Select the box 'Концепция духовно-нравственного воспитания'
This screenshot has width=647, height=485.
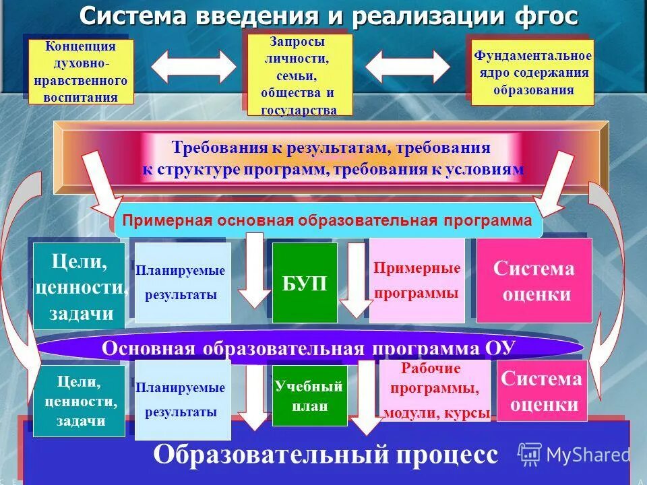(81, 71)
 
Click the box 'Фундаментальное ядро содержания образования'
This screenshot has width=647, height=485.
(532, 72)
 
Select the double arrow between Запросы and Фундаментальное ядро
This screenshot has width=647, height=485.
(407, 67)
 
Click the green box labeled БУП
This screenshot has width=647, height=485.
(304, 283)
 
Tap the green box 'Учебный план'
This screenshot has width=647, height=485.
(309, 395)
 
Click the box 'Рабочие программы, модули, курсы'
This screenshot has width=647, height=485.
(435, 391)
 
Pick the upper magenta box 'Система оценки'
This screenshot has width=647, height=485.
(534, 281)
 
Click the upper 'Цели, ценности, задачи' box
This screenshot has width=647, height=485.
(80, 286)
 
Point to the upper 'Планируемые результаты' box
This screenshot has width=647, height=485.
(182, 282)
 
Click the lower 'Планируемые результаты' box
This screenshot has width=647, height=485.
(182, 399)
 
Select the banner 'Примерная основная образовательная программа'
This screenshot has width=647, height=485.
(328, 221)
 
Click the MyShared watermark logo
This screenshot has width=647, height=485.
(574, 454)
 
